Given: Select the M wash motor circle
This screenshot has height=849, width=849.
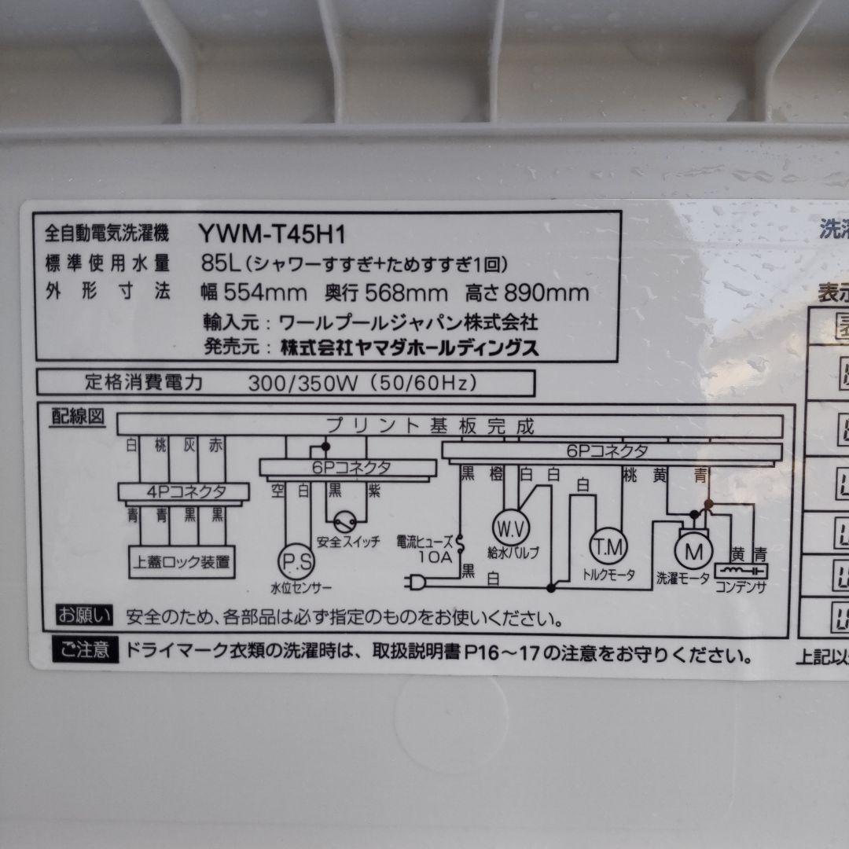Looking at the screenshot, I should pyautogui.click(x=693, y=552).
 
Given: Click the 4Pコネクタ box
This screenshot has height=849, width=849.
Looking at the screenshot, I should pyautogui.click(x=184, y=492).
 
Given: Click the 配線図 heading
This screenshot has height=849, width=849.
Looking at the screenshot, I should pyautogui.click(x=77, y=417).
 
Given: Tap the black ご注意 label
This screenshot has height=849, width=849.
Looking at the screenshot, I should pyautogui.click(x=86, y=651).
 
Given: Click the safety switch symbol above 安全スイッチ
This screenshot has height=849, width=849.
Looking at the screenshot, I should pyautogui.click(x=346, y=521).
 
